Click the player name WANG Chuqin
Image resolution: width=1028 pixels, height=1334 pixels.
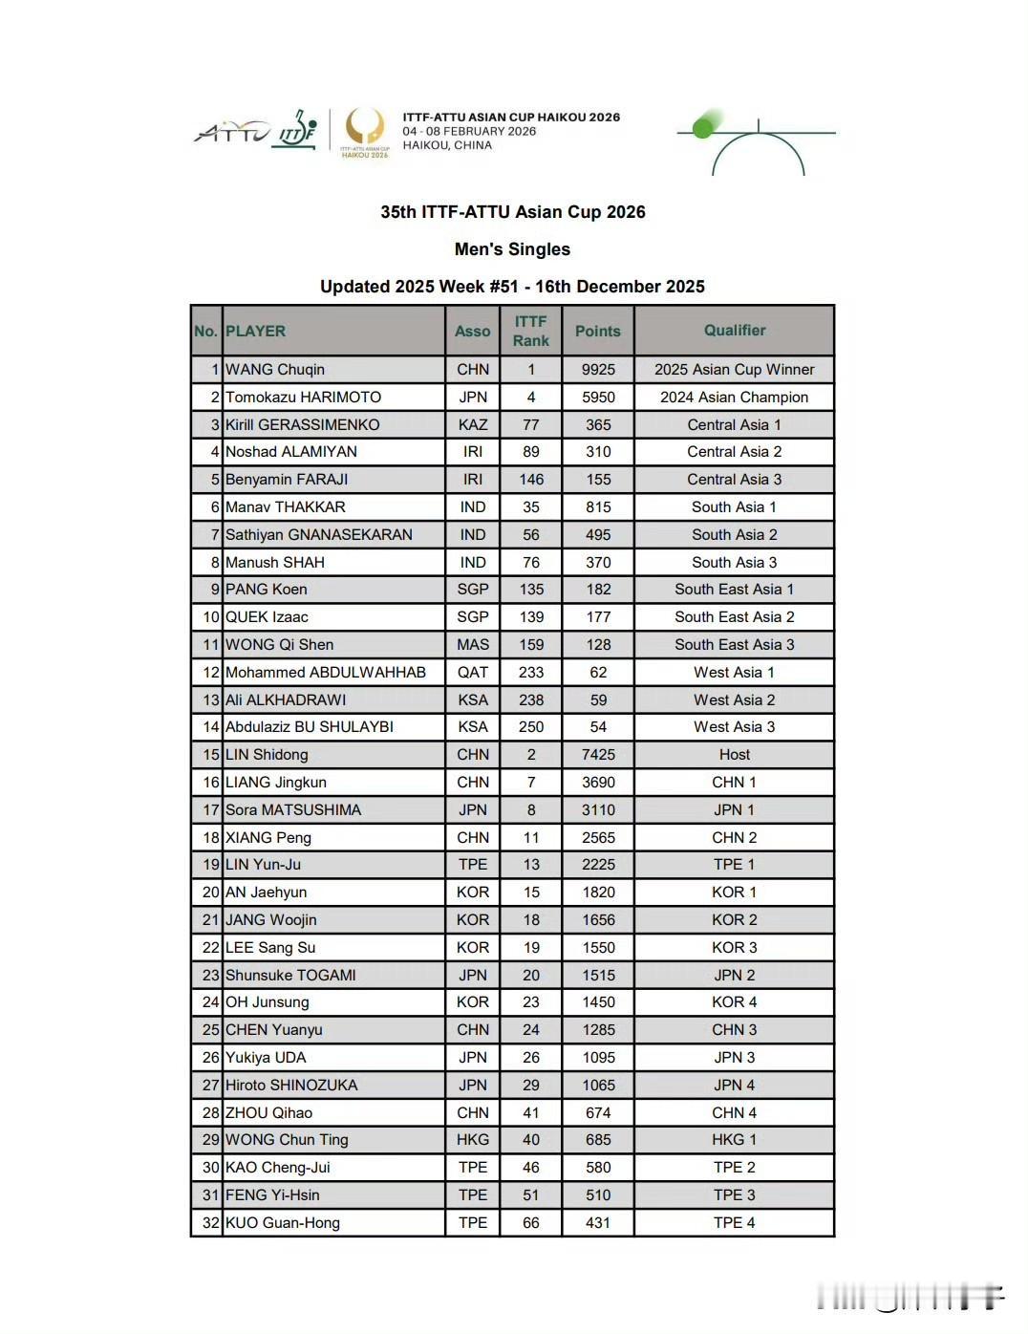tap(275, 370)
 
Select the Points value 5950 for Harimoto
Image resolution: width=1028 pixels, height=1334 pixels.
tap(598, 398)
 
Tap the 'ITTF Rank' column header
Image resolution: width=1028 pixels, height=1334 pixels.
tap(531, 331)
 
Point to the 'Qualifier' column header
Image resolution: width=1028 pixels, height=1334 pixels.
tap(735, 331)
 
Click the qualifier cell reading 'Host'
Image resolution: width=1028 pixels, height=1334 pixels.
tap(735, 755)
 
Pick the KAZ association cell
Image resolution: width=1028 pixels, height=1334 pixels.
tap(473, 425)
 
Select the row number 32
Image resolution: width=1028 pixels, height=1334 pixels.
tap(210, 1223)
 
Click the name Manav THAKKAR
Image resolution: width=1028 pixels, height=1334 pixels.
tap(286, 507)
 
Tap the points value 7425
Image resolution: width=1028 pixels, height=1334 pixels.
tap(598, 755)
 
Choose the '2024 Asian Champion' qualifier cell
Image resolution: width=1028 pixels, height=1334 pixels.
tap(735, 398)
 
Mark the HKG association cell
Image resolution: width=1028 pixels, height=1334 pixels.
tap(473, 1140)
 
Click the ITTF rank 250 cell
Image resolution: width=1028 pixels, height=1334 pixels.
tap(531, 727)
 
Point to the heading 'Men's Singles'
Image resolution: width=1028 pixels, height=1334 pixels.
tap(512, 249)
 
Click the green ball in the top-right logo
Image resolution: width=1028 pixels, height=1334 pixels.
tap(705, 126)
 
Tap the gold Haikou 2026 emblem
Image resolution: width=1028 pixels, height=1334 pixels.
tap(365, 130)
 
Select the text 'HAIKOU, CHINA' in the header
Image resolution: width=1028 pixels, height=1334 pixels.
tap(447, 145)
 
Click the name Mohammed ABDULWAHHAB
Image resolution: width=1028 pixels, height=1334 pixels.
tap(326, 673)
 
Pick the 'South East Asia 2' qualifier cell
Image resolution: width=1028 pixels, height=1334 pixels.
tap(735, 617)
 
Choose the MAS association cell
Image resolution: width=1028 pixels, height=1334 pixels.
tap(473, 645)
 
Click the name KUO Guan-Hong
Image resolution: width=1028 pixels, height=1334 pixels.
tap(283, 1223)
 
